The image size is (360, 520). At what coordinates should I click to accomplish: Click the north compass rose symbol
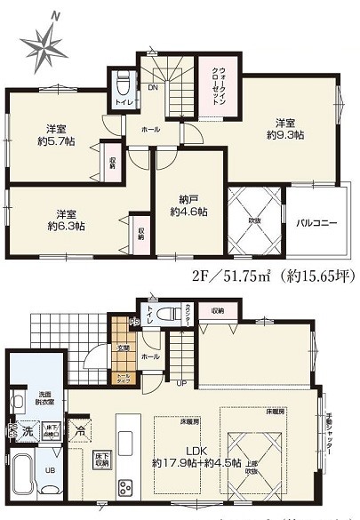click(42, 40)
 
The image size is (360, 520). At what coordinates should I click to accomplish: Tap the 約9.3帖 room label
click(284, 128)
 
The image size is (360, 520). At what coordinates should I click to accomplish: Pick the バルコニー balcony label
click(316, 223)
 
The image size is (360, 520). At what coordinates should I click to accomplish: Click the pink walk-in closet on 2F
click(219, 85)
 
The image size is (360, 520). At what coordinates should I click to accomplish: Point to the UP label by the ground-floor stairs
click(182, 383)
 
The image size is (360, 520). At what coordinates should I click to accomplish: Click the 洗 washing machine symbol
click(28, 432)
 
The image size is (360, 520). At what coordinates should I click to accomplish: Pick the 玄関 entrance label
click(124, 348)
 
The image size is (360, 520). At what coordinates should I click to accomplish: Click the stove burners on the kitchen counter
click(125, 486)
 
